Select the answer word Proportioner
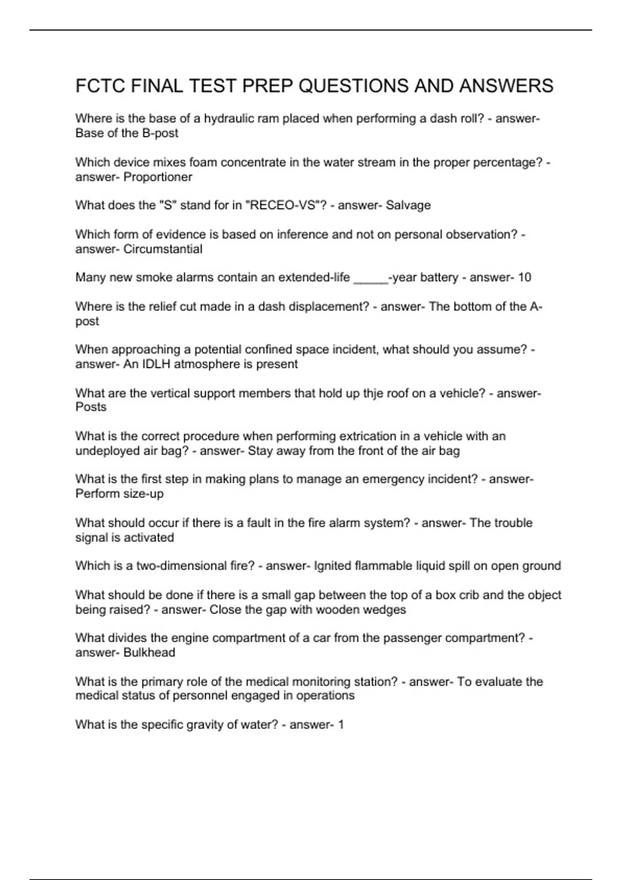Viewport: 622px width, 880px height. [x=158, y=177]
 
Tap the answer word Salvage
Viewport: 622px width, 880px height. [x=408, y=206]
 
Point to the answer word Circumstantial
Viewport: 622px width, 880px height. [x=163, y=249]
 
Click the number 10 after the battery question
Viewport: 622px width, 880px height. [x=524, y=277]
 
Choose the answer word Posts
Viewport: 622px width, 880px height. [x=91, y=407]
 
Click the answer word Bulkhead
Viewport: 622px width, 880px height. [x=149, y=653]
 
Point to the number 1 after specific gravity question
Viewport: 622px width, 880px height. [x=341, y=725]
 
